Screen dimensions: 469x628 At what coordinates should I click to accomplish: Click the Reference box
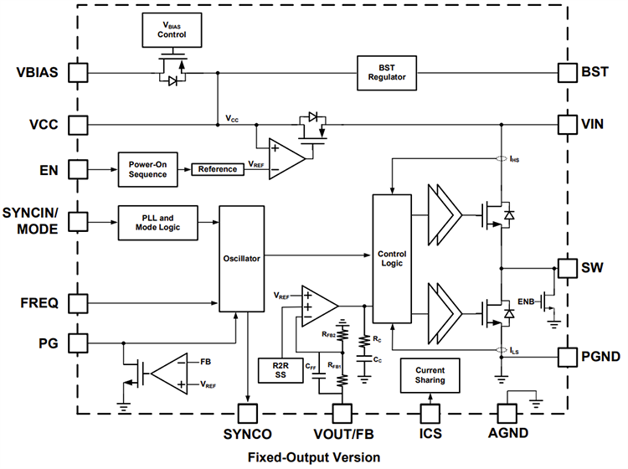tap(217, 169)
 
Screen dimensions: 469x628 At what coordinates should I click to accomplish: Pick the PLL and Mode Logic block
tap(158, 222)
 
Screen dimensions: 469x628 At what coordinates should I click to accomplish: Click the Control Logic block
tap(391, 257)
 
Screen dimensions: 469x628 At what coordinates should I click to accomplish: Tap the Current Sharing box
tap(430, 375)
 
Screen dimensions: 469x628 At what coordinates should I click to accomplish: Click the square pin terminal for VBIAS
tap(77, 72)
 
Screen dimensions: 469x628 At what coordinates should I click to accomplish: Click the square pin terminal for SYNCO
tap(248, 412)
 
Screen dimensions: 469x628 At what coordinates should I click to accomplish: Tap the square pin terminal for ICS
tap(430, 412)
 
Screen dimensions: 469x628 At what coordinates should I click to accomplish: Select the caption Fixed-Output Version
tap(313, 456)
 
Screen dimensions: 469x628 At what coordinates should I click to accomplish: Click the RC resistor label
tap(378, 340)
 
